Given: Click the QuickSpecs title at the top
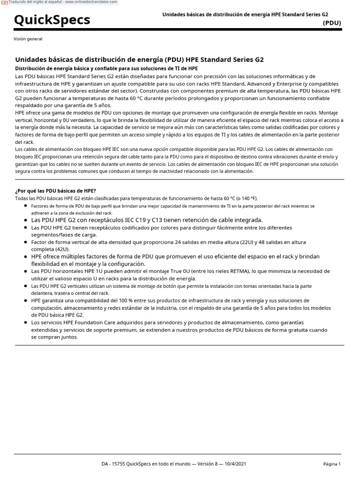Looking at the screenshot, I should pos(52,20).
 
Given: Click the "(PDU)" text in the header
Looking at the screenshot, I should pos(332,22).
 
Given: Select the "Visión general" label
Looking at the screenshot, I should pos(28,39).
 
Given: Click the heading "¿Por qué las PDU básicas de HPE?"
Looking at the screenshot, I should pos(56,191).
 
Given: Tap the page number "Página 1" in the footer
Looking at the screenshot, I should pos(332,464).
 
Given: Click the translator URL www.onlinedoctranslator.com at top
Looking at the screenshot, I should pos(90,2).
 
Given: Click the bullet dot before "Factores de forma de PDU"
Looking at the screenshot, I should pos(25,206).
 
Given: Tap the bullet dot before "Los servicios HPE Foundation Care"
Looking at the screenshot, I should pos(25,322).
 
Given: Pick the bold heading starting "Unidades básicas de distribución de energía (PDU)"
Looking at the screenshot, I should pos(139,60).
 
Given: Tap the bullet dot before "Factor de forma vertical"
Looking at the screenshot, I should pos(25,242).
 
